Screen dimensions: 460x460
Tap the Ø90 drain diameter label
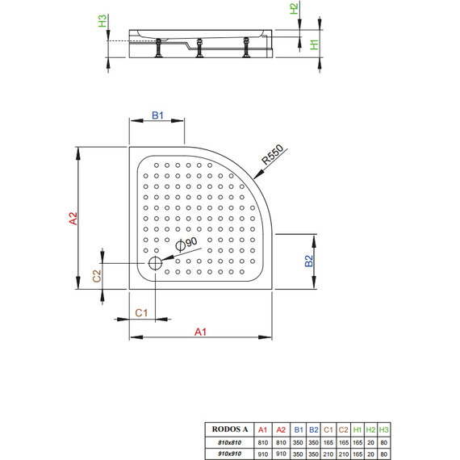(186, 245)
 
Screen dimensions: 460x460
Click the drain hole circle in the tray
(155, 262)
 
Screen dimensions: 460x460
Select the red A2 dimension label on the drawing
(71, 217)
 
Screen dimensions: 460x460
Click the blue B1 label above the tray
(158, 116)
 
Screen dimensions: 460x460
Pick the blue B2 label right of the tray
(308, 261)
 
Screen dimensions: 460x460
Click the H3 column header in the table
(384, 429)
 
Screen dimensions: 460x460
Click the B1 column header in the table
(298, 429)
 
